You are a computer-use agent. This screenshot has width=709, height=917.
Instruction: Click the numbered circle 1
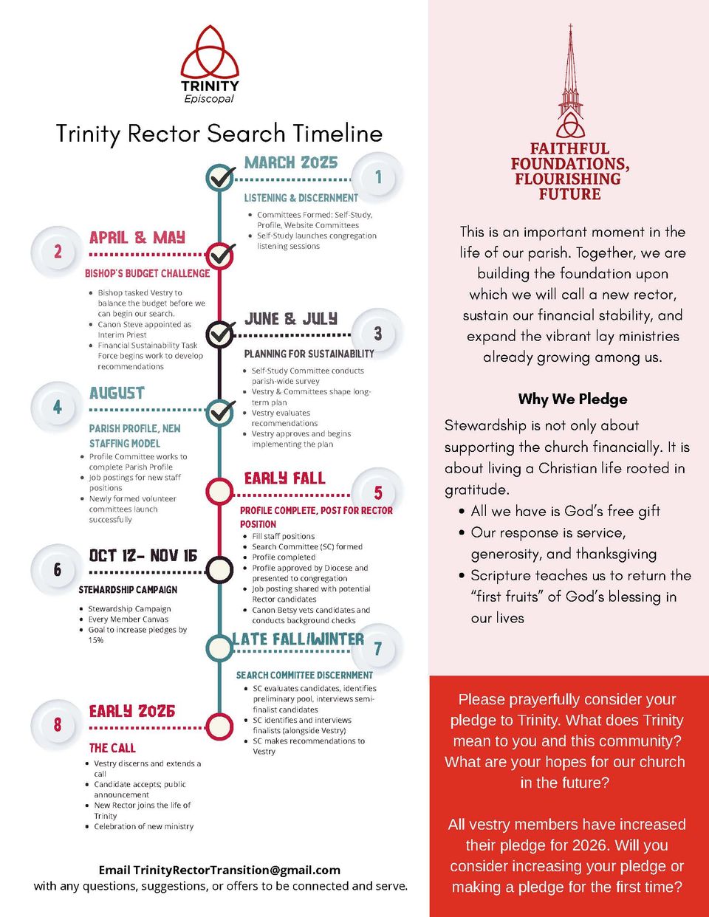tap(378, 177)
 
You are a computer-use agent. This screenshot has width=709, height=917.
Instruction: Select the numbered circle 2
tap(58, 252)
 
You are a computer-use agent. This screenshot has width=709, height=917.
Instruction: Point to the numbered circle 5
tap(377, 492)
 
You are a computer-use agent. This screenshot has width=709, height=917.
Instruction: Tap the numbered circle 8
tap(58, 725)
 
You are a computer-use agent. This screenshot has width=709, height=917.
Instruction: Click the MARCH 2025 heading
tap(291, 162)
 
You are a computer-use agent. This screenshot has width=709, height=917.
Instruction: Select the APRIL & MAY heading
tap(137, 238)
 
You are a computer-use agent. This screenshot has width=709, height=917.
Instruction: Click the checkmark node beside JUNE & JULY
tap(219, 334)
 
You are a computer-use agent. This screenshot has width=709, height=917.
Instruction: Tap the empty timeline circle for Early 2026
tap(219, 726)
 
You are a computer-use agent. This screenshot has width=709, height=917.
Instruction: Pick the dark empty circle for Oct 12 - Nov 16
tap(219, 570)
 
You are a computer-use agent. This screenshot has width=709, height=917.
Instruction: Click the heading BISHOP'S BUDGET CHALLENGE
tap(147, 273)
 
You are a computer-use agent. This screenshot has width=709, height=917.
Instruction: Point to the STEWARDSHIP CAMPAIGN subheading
tap(128, 590)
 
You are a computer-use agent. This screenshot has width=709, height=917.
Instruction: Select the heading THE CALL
tap(112, 748)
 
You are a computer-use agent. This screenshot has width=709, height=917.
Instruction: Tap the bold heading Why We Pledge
tap(572, 399)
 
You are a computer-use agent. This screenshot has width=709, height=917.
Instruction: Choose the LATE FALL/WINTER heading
tap(298, 639)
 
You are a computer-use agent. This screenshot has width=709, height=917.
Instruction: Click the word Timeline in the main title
tap(338, 134)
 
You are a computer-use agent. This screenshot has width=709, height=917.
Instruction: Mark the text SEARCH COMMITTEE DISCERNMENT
tap(304, 675)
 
